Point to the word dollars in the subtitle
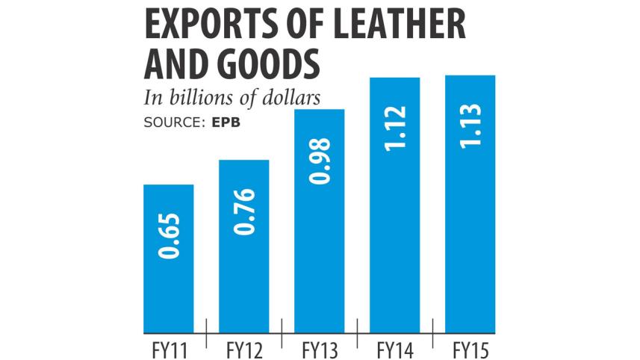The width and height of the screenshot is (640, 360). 293,99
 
